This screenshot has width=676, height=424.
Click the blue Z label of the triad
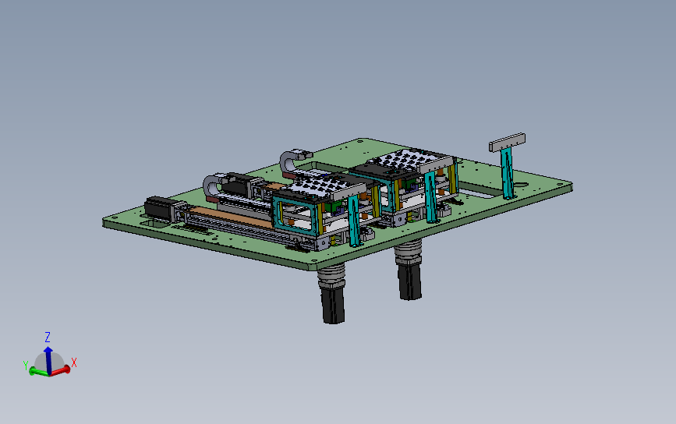(x=48, y=337)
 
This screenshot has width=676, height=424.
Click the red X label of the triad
(x=74, y=362)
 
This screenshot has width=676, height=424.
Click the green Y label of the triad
(x=26, y=366)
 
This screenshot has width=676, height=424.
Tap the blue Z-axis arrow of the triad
(x=48, y=359)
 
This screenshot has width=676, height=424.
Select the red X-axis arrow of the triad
(x=60, y=370)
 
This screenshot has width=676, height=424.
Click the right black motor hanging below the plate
(x=409, y=281)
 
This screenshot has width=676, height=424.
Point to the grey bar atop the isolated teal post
(x=507, y=142)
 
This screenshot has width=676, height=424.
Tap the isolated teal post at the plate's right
(x=508, y=173)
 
